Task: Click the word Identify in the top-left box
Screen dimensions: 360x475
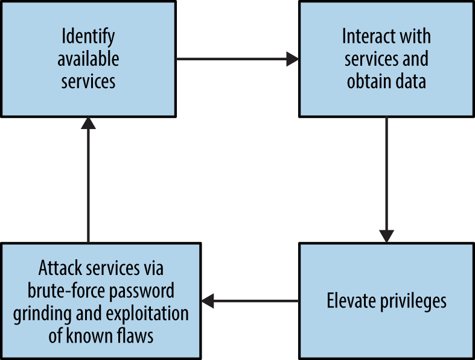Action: [88, 37]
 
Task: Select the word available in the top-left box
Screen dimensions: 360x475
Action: [88, 59]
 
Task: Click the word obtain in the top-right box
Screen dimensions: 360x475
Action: [369, 81]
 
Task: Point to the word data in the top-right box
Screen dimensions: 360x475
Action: [410, 81]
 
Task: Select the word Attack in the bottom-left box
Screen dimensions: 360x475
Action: [62, 267]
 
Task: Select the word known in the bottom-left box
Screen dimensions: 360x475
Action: [94, 335]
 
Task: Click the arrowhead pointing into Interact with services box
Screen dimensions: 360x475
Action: [293, 59]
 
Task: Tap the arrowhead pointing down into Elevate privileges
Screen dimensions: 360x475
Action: [387, 236]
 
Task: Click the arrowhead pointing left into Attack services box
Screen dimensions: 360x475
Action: [208, 300]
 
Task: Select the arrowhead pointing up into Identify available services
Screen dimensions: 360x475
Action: [89, 124]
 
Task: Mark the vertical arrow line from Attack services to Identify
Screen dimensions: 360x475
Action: [89, 187]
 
